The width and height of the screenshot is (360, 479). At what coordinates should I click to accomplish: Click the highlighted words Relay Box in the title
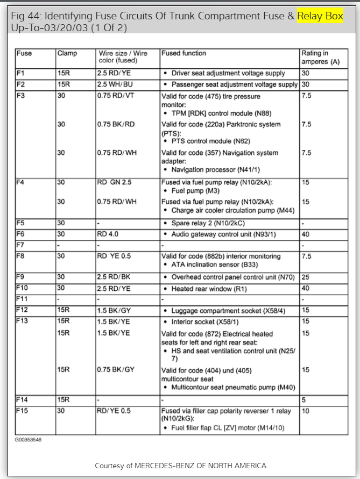(320, 17)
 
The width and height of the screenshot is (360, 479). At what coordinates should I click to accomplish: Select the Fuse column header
(24, 54)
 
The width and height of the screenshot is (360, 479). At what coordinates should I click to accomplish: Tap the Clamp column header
(67, 54)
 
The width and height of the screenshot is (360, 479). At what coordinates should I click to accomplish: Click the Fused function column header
(183, 54)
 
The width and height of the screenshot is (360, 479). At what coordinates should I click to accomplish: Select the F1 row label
(21, 73)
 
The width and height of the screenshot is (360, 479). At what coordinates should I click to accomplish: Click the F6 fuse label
(21, 234)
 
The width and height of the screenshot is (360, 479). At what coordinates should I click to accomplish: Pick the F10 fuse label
(22, 289)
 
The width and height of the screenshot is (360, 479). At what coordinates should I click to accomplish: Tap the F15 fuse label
(22, 411)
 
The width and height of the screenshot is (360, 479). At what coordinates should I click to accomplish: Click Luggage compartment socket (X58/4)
(228, 311)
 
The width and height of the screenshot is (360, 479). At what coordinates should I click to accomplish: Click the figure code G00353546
(29, 440)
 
